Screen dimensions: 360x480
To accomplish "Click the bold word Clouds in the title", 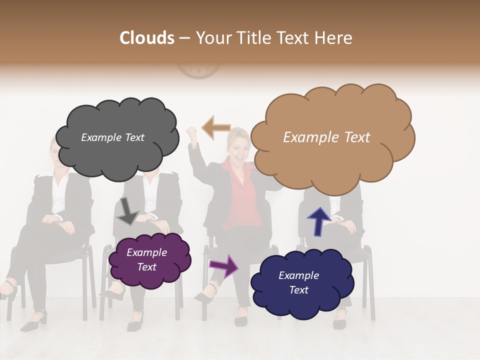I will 147,38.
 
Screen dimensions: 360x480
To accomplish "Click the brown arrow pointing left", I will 216,127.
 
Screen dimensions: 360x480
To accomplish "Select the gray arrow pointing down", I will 127,210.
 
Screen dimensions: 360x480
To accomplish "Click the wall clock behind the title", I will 198,72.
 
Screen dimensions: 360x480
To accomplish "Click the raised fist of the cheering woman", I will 191,133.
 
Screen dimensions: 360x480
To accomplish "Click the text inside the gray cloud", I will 112,137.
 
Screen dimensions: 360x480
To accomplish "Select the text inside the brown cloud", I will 326,137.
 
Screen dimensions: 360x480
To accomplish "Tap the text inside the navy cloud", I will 298,282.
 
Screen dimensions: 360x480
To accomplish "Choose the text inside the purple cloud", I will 146,259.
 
